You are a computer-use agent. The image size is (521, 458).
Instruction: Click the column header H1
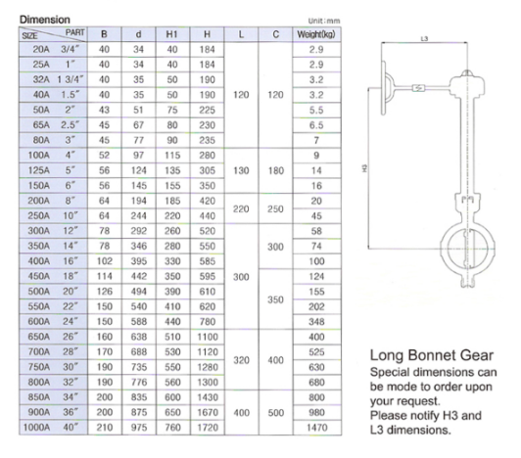[x=172, y=34]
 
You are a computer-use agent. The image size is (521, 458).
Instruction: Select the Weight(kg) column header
[x=316, y=34]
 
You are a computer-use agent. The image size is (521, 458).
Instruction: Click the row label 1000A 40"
[x=51, y=427]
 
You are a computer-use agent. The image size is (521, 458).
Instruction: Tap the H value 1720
[x=208, y=427]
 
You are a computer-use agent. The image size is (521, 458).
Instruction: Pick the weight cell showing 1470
[x=316, y=427]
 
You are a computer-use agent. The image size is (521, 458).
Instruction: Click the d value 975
[x=138, y=427]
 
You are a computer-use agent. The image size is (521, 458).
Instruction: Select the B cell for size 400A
[x=105, y=261]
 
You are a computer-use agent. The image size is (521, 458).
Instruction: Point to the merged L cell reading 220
[x=241, y=208]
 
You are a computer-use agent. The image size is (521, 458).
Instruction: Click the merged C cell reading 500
[x=275, y=413]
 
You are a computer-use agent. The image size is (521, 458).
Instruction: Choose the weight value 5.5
[x=316, y=110]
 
